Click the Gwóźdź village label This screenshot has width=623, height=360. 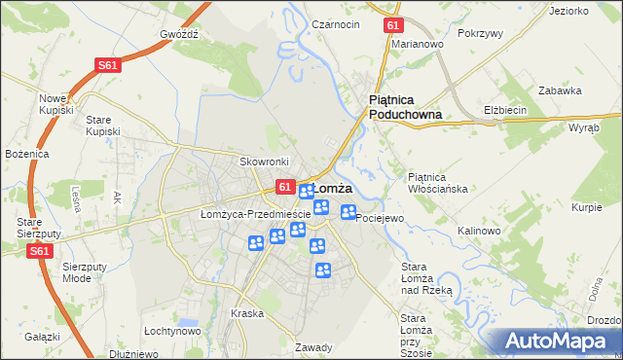click(x=180, y=32)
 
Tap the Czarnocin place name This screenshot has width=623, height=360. click(x=336, y=23)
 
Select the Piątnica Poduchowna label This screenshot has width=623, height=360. click(x=406, y=107)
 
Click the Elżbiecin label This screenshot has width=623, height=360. click(x=505, y=110)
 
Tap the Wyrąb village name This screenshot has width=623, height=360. click(x=583, y=127)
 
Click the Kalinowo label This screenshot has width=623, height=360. click(x=478, y=231)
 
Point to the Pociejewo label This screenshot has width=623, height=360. click(x=380, y=219)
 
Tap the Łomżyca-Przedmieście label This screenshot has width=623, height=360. click(x=255, y=214)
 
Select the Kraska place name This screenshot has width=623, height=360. click(x=247, y=313)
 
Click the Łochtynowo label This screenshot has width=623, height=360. click(x=171, y=331)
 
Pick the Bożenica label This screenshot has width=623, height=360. click(x=25, y=154)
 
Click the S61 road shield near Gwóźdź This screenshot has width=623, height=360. click(x=108, y=65)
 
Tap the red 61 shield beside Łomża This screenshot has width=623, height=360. click(x=284, y=186)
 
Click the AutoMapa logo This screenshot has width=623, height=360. click(x=555, y=341)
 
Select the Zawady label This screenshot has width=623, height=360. click(x=314, y=347)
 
